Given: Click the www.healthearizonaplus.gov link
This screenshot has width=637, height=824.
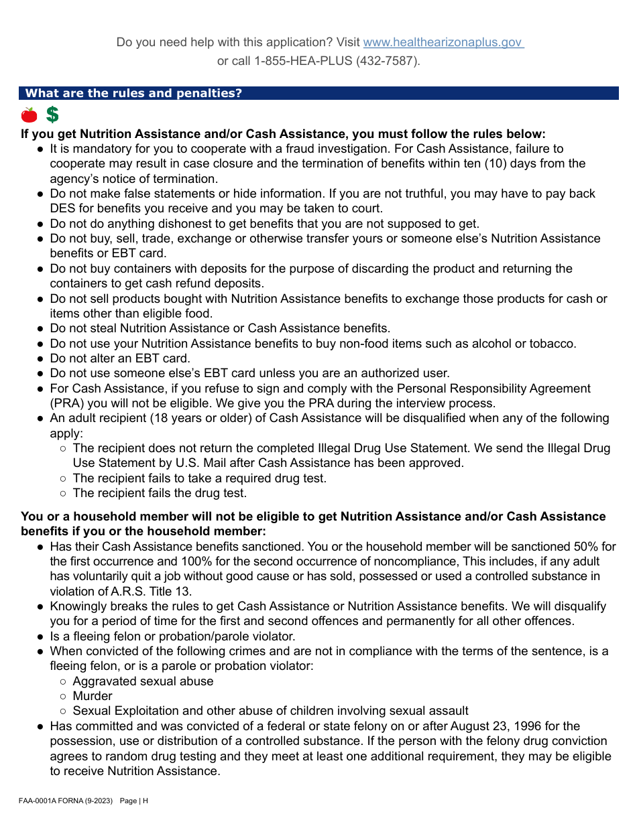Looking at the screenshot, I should (443, 42).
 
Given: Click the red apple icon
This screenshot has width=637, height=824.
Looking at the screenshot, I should (29, 115).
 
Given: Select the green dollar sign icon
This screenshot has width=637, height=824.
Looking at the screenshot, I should (52, 115).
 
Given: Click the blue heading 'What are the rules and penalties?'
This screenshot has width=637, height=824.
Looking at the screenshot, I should (133, 93).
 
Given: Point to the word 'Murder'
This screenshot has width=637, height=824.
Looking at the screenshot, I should (93, 696).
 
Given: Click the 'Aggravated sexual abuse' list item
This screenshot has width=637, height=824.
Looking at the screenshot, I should (143, 681).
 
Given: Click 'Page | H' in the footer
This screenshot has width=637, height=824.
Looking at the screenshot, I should (134, 801).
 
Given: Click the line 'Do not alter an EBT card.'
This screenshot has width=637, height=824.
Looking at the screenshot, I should (120, 358).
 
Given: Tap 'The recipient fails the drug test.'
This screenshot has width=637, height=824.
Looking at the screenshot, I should (160, 493).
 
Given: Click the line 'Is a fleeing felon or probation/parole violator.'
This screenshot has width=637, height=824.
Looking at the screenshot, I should (172, 636).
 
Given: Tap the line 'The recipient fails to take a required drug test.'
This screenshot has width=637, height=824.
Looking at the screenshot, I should (199, 478).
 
